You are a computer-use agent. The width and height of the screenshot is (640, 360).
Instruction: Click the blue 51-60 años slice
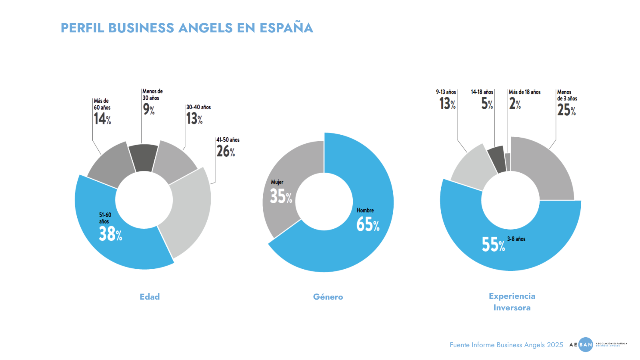point(100,240)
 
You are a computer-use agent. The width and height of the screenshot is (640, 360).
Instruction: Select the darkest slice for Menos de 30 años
point(143,158)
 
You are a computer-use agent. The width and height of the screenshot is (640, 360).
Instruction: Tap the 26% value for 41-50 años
point(226,151)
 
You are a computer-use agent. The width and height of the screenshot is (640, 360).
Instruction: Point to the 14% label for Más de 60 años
point(102,119)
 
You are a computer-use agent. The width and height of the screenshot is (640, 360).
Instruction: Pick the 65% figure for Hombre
point(368,224)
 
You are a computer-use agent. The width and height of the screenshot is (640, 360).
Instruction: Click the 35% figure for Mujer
point(281,196)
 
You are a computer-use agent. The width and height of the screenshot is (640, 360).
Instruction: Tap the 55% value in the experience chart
point(493,244)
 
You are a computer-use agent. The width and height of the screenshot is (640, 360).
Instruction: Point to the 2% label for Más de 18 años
point(515,104)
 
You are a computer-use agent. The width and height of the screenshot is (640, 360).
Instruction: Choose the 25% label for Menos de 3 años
point(566,110)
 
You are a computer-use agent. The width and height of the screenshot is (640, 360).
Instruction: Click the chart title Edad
point(150,297)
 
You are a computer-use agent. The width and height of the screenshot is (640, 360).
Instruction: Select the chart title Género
point(328,297)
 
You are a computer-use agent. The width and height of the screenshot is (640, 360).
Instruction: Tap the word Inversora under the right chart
point(512,308)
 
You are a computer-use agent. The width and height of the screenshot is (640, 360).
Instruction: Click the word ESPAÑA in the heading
point(286,28)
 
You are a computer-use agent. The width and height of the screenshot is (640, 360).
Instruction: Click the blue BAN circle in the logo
point(586,344)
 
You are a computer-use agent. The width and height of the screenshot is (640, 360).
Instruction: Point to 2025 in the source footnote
point(555,345)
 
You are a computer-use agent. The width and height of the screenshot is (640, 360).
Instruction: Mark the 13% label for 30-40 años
point(194,119)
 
